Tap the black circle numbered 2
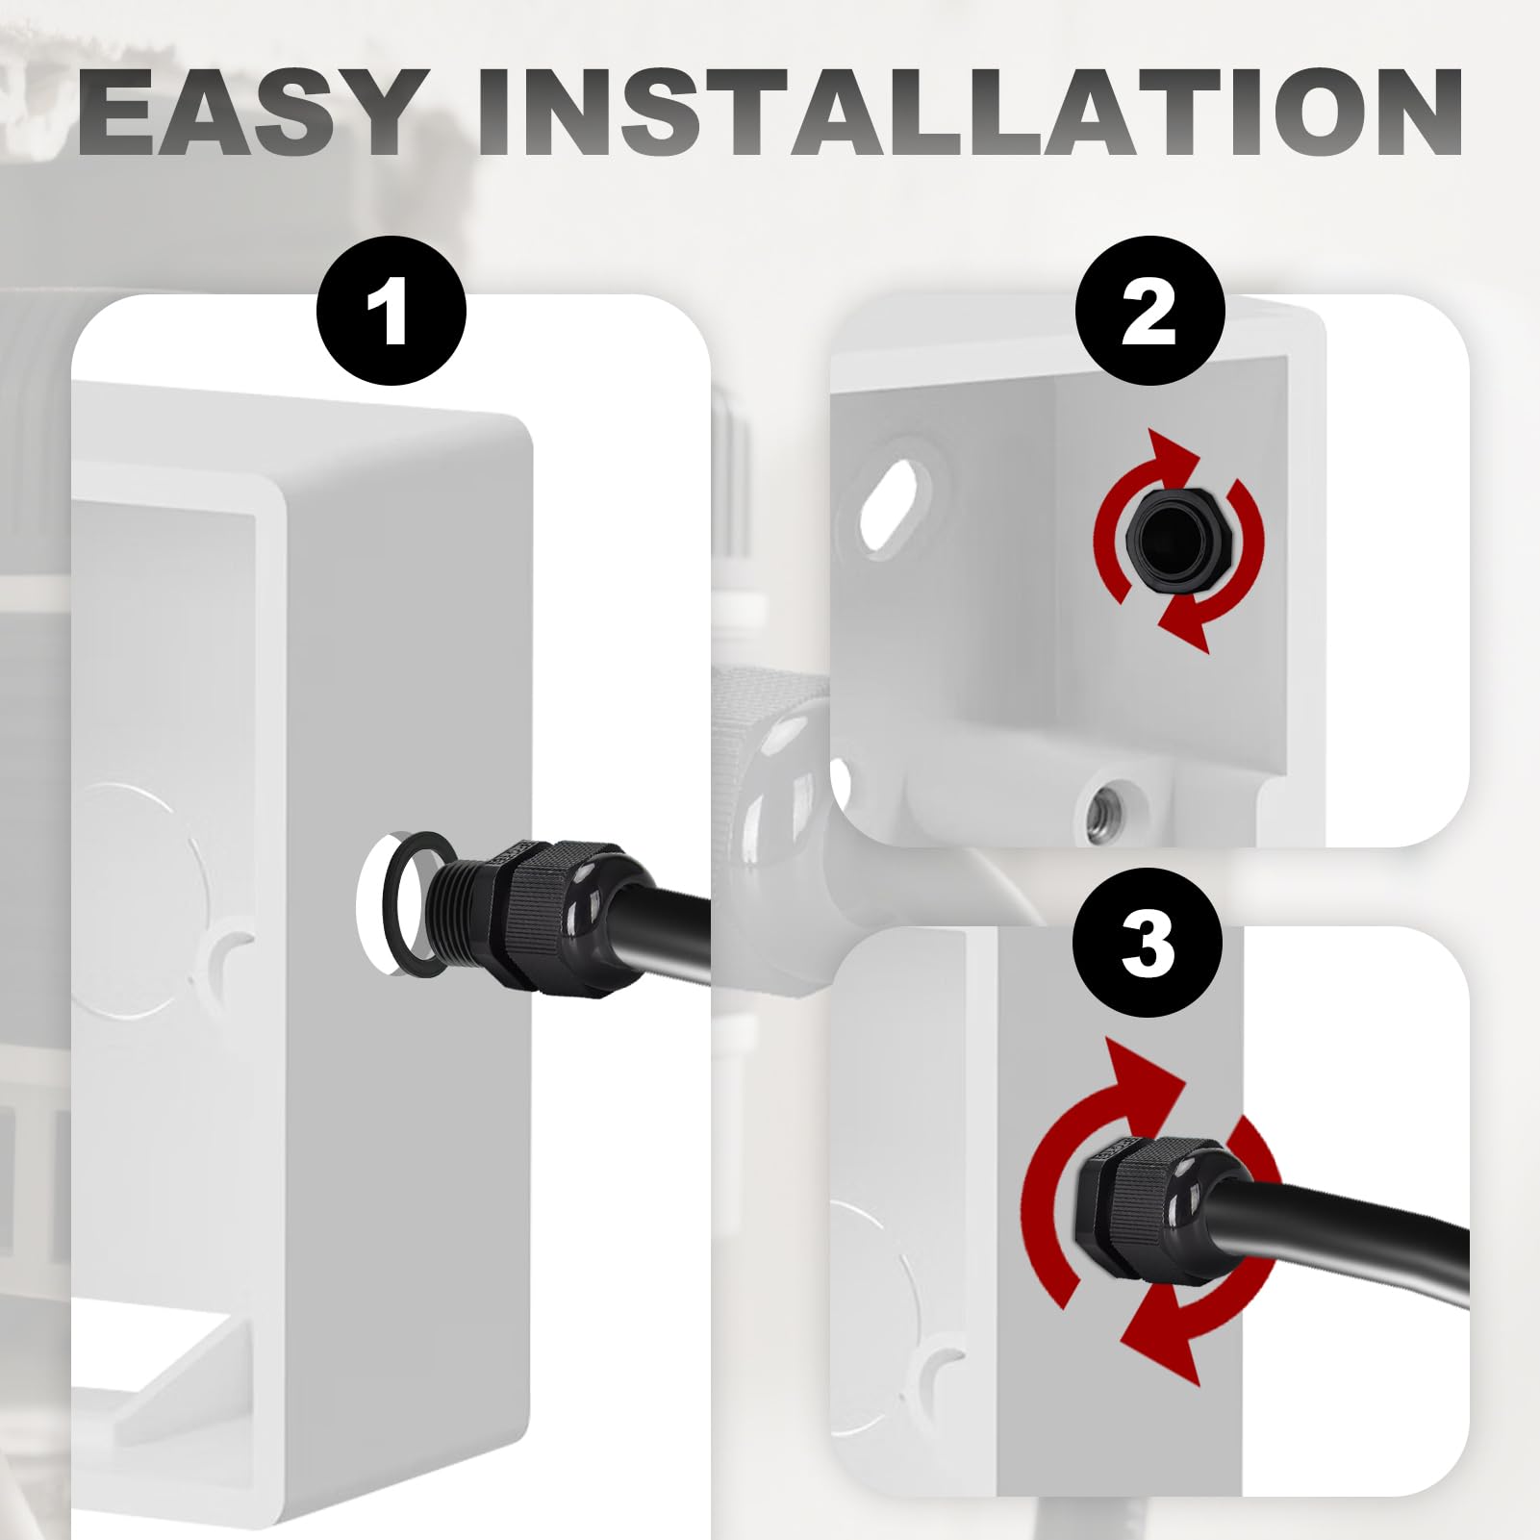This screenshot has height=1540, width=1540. pos(1149,312)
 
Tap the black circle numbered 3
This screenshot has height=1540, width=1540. pos(1149,943)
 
